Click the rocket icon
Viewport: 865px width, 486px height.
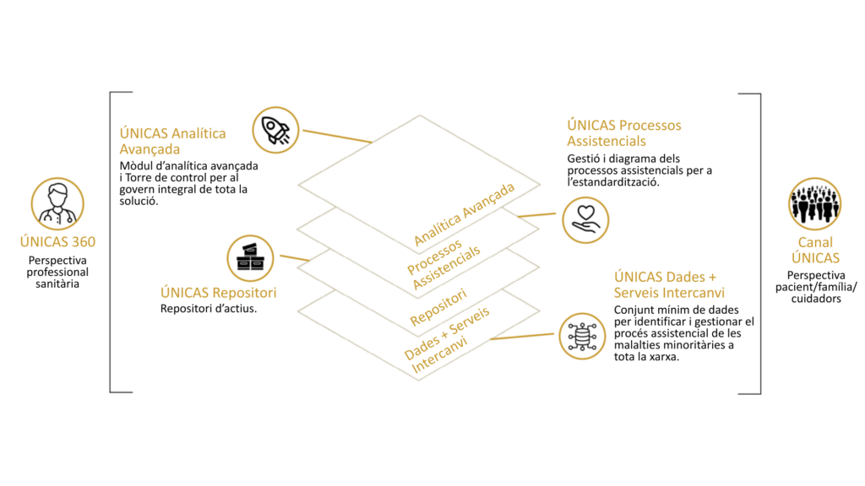275,129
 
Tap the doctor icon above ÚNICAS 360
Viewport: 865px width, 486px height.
57,203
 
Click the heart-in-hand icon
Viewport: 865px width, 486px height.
585,219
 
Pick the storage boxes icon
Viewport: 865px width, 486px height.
251,256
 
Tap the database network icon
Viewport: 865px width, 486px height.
583,334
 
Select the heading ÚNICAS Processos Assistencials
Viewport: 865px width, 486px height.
623,133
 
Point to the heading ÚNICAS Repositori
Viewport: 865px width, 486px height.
218,293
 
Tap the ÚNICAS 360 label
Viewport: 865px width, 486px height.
57,242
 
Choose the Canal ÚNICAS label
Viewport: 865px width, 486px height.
814,251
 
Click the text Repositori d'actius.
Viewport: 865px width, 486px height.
209,308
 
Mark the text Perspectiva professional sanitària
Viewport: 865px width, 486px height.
57,273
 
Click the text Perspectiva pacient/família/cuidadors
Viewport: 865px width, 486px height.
814,287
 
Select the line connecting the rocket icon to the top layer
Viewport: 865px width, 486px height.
336,136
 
